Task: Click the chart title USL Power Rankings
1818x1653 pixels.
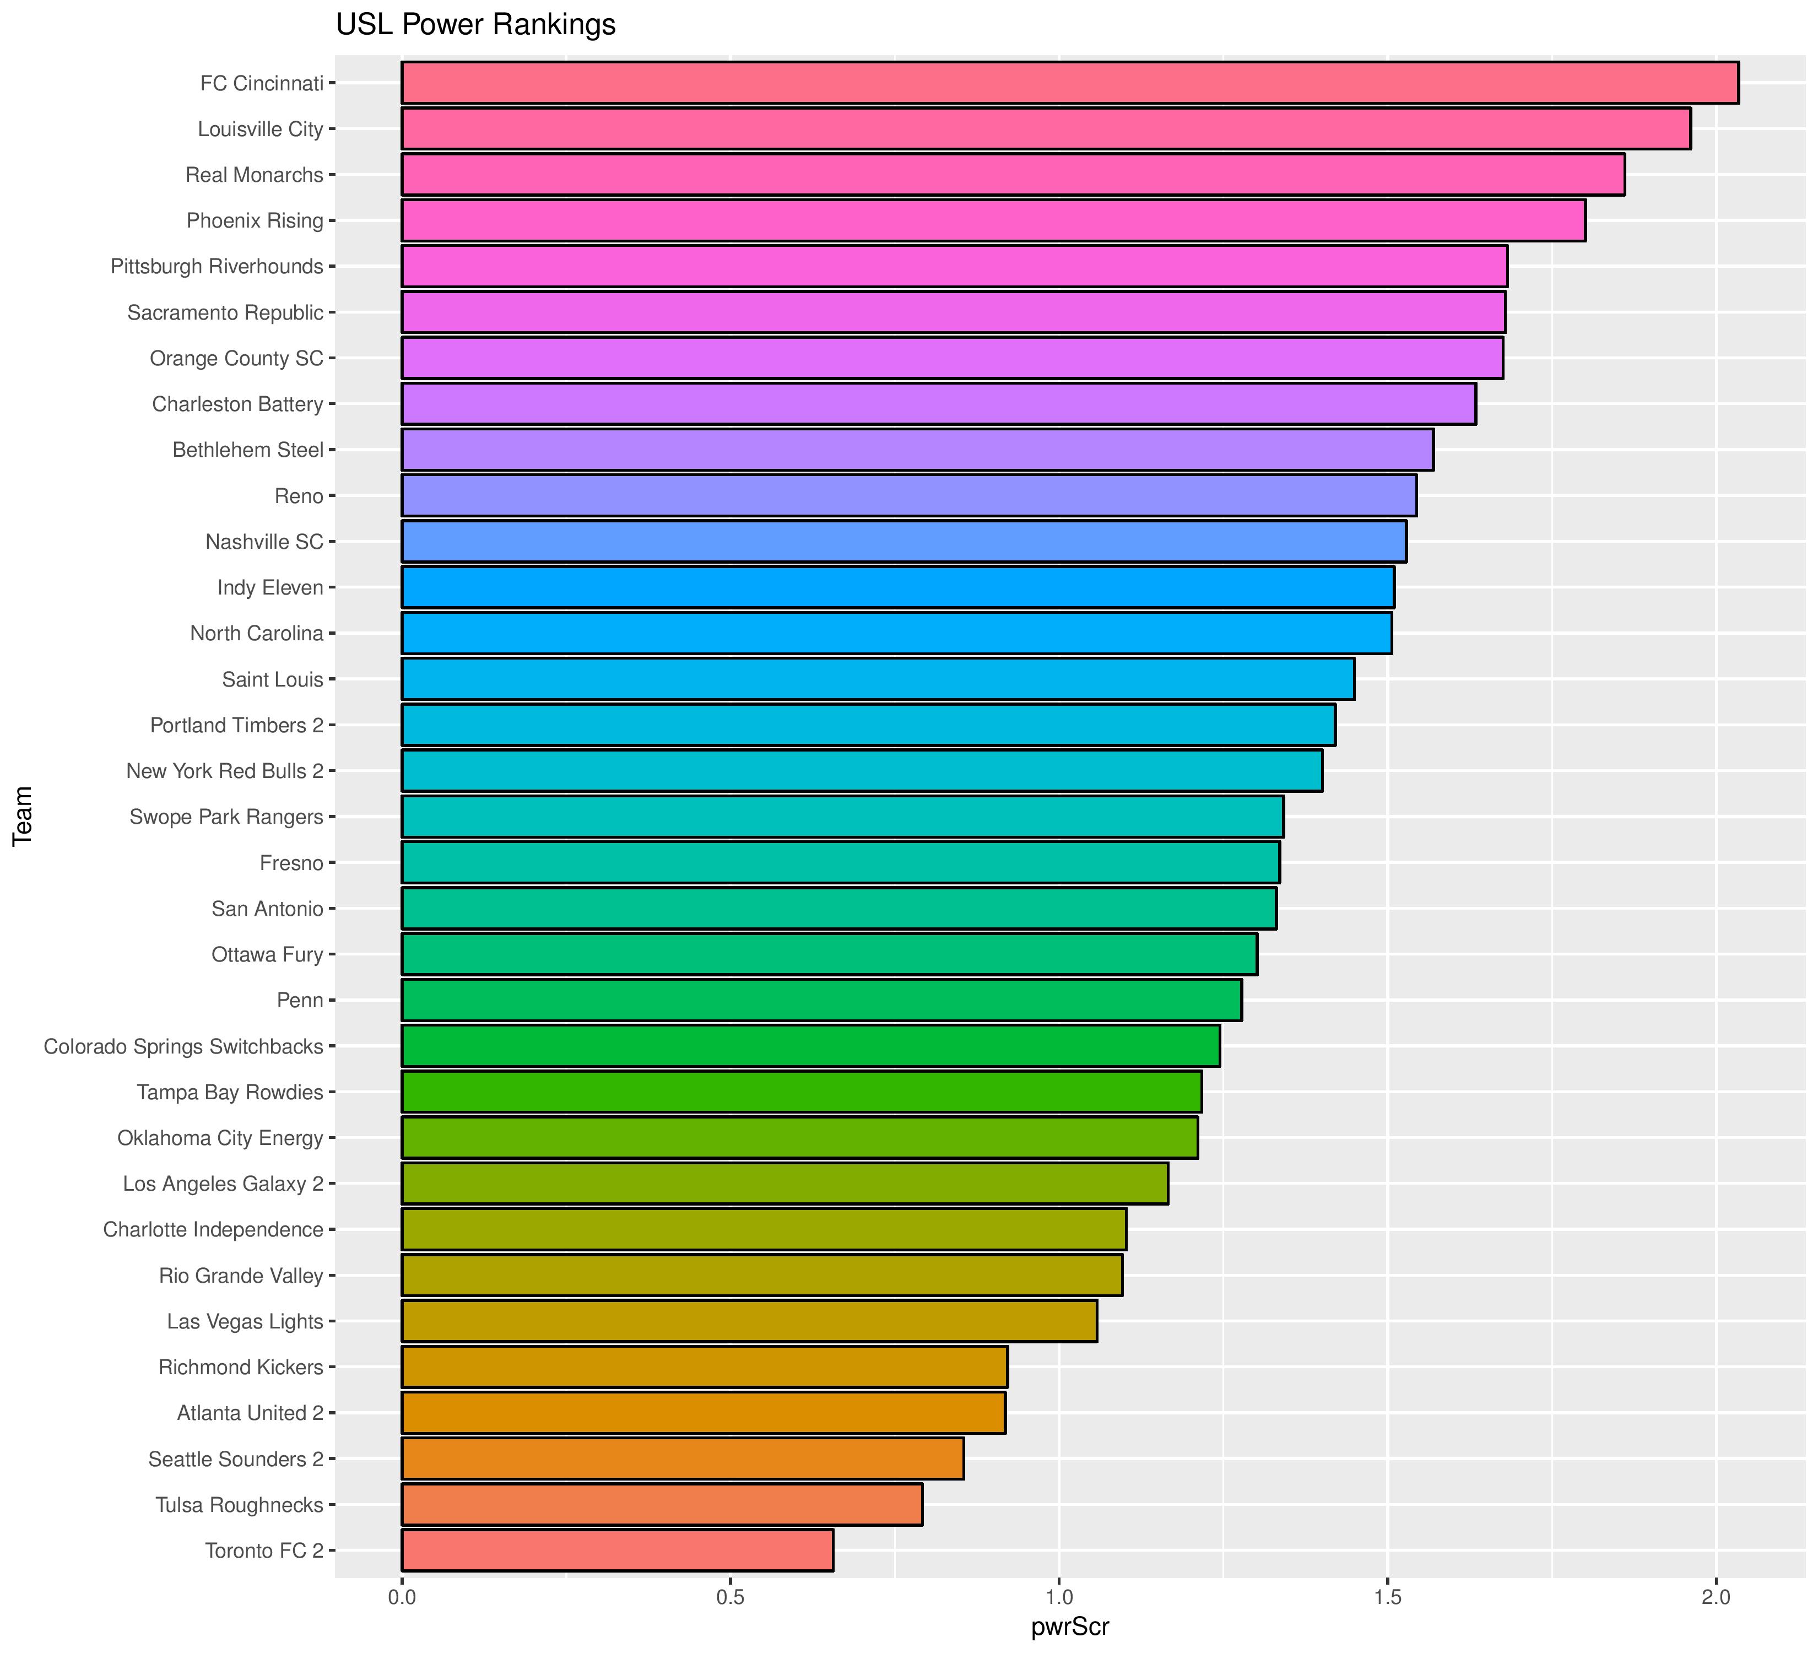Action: pos(475,24)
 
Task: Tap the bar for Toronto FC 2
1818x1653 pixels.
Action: pos(617,1550)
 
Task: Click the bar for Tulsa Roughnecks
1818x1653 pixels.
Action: pos(661,1504)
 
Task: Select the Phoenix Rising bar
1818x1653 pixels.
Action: pos(993,220)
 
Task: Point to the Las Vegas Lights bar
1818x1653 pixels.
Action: pos(749,1321)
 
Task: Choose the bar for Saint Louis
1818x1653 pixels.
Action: pos(878,679)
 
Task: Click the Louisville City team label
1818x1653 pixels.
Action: pos(259,129)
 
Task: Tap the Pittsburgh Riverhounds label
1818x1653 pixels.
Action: pos(217,267)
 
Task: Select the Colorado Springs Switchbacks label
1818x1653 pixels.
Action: pos(183,1046)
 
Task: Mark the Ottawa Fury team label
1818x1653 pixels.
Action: pos(267,954)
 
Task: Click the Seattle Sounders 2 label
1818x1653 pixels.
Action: pos(235,1458)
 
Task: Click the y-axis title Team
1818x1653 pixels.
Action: pos(23,815)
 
